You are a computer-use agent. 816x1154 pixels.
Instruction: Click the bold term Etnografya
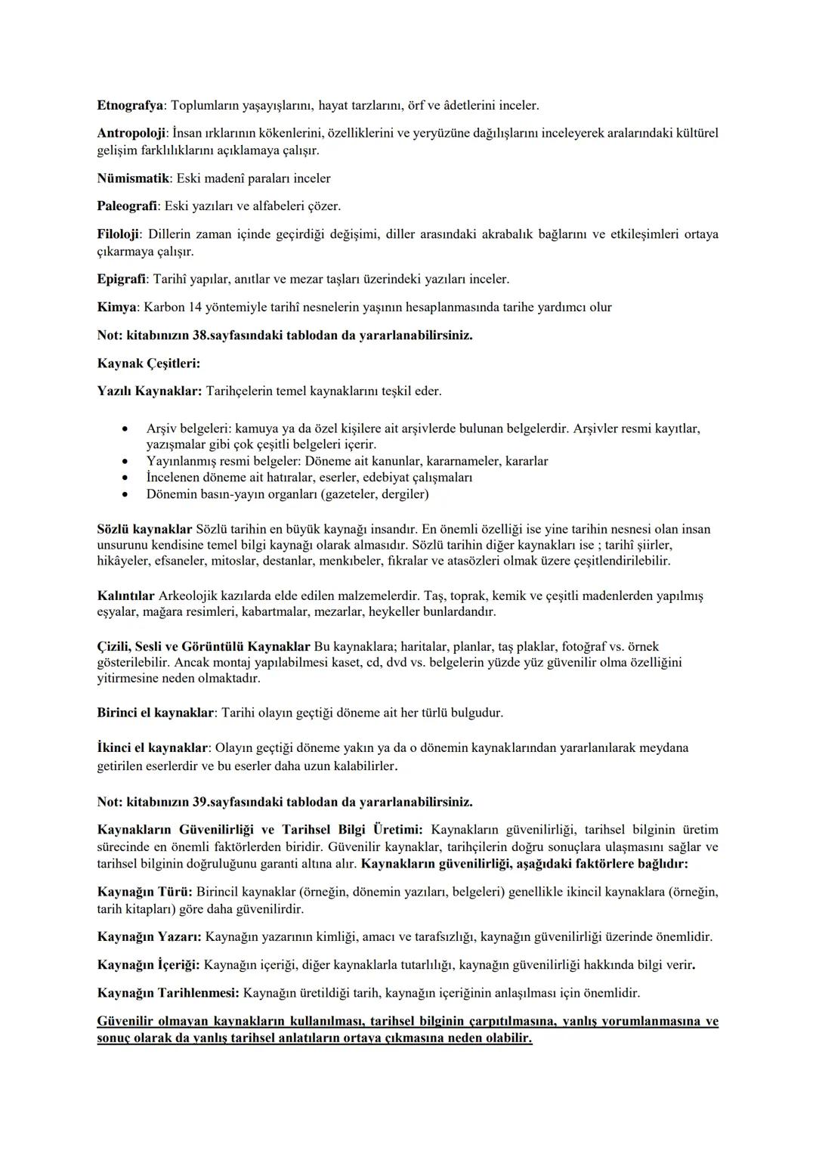130,105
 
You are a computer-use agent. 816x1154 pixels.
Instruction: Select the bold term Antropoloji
131,133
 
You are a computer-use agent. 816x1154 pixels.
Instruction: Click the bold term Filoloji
119,234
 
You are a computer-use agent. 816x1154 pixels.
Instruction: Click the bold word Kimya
117,307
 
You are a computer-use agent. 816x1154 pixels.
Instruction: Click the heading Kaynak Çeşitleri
148,363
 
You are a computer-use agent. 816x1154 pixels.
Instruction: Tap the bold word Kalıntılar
125,596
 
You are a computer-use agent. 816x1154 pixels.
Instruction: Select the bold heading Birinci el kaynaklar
156,713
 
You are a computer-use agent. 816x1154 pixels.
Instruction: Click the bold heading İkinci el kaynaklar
153,748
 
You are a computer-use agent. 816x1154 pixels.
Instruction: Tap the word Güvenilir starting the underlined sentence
125,1021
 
